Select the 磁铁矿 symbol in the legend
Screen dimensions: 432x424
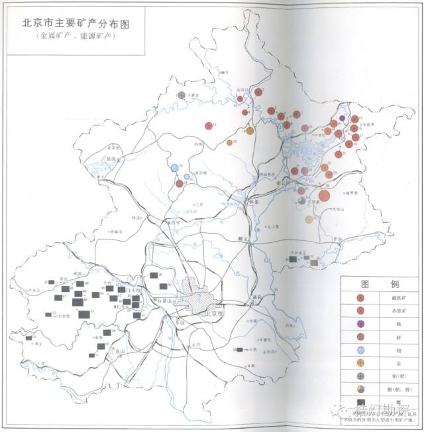click(360, 299)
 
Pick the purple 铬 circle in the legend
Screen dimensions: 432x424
click(360, 324)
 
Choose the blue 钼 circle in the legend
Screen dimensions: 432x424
click(360, 350)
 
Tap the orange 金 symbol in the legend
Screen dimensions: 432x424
click(360, 362)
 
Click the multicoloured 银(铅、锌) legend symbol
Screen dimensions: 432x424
click(360, 388)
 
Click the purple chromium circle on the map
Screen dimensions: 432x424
click(342, 118)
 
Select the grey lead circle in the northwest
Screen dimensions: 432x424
click(181, 96)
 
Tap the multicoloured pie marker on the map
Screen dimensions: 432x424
click(302, 200)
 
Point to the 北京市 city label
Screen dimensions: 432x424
click(213, 313)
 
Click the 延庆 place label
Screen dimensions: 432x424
click(110, 159)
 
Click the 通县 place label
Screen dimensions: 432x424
click(256, 297)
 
